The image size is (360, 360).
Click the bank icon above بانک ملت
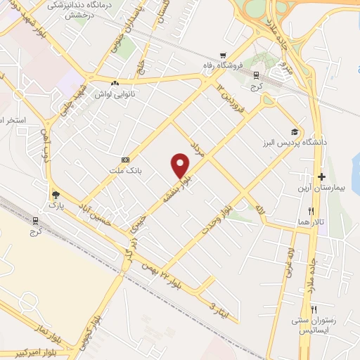tap(125, 160)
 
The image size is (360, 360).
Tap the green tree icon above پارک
tap(56, 194)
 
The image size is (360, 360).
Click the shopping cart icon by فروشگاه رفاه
tap(223, 56)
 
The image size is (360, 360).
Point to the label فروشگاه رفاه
tap(239, 65)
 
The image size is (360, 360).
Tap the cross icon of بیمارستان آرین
tap(322, 176)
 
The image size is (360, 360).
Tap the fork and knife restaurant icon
tap(314, 309)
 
